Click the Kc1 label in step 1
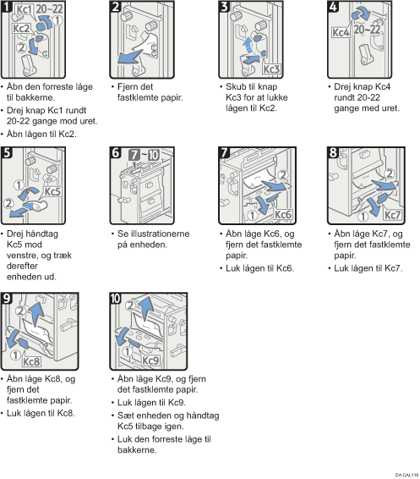24,9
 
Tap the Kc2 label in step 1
21,29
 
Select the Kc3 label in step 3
271,69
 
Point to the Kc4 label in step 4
341,32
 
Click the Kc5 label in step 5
52,192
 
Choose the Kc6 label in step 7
283,215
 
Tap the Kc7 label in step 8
392,215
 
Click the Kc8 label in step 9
31,361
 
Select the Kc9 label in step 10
150,361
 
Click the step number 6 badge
115,152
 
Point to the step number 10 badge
116,298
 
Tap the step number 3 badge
224,6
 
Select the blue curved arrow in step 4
361,14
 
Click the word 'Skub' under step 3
235,87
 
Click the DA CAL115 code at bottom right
406,475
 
